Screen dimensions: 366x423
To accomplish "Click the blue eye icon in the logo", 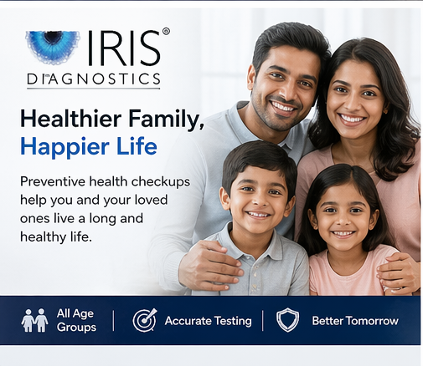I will (x=52, y=47).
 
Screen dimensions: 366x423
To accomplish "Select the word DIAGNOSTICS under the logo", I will (x=93, y=79).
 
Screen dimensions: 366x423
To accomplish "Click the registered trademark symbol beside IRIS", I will (x=165, y=32).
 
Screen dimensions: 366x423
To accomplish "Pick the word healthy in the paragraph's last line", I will (x=44, y=236).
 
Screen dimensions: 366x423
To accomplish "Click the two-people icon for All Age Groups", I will (x=34, y=320).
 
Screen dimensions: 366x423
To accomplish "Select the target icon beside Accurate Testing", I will (x=145, y=321).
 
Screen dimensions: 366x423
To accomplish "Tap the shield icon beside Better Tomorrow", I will (x=287, y=321).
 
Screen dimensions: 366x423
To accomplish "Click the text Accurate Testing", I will (x=208, y=321).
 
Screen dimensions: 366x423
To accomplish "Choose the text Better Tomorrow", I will (x=354, y=321).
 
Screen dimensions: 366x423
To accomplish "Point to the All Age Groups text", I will (x=76, y=320).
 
